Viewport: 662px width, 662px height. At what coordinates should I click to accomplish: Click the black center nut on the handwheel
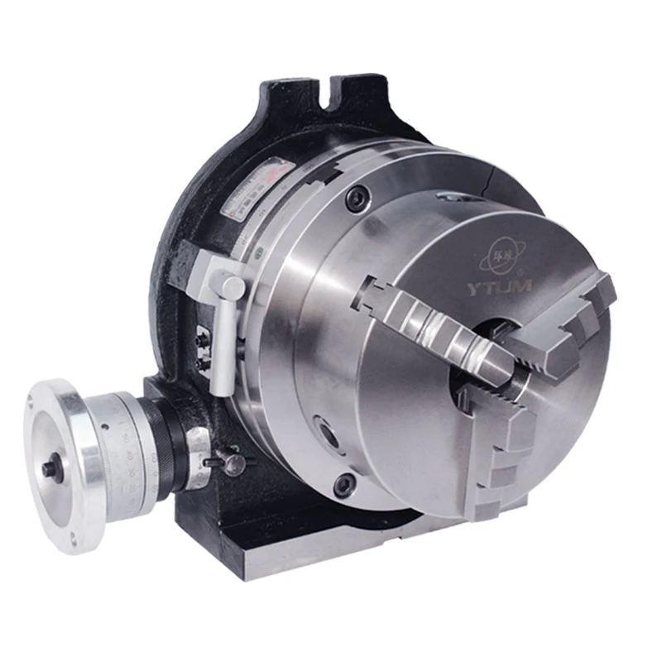[x=51, y=469]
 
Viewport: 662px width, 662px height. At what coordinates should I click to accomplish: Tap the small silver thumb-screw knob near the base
[x=234, y=462]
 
